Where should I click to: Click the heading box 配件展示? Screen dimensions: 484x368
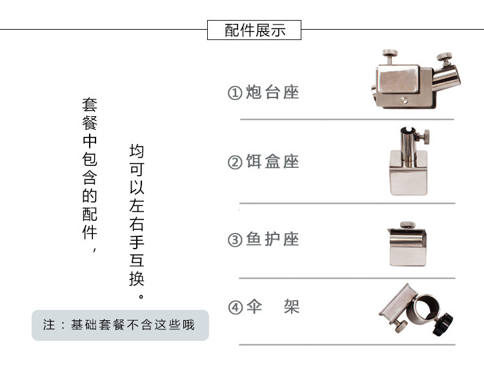[254, 30]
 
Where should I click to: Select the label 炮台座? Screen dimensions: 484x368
[273, 92]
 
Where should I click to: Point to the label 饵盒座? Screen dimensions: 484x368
[273, 161]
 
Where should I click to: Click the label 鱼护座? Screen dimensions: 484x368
[273, 240]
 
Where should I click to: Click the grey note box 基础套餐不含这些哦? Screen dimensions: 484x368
[121, 324]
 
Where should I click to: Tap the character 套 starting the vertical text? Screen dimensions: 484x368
[90, 103]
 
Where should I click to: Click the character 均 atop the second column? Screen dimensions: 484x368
[137, 152]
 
